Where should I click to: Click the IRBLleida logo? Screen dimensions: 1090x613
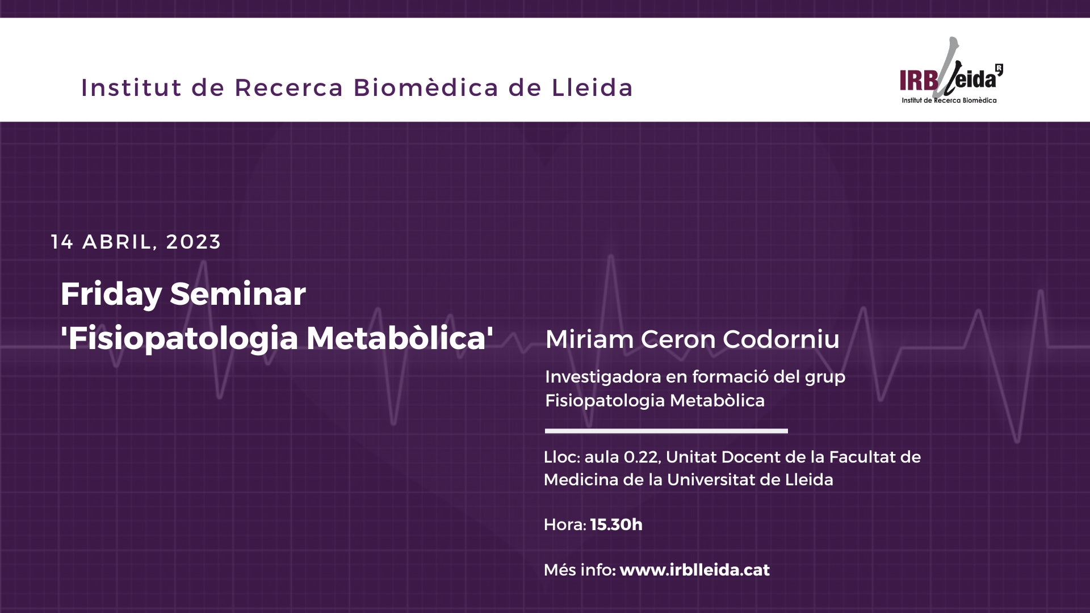point(951,70)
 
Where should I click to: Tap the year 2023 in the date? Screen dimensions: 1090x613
point(193,242)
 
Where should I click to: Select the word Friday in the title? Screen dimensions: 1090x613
point(111,295)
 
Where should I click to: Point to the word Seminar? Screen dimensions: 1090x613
point(238,294)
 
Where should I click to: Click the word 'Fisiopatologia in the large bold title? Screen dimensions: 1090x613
point(179,339)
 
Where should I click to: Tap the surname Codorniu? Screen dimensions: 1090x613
point(781,339)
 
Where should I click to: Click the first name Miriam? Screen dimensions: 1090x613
point(589,339)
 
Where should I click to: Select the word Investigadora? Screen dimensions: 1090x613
point(603,377)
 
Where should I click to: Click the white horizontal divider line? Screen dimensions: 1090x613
point(666,431)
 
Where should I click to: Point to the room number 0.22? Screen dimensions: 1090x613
point(642,457)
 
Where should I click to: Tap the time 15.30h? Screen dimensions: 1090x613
point(616,524)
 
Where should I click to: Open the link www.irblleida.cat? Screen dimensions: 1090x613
point(694,570)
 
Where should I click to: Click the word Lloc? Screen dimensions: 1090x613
point(561,457)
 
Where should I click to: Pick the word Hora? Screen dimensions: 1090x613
point(564,524)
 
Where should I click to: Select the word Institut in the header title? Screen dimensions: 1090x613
point(131,87)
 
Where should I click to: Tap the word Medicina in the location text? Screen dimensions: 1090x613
point(580,480)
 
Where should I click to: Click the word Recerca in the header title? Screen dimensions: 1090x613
point(289,88)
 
